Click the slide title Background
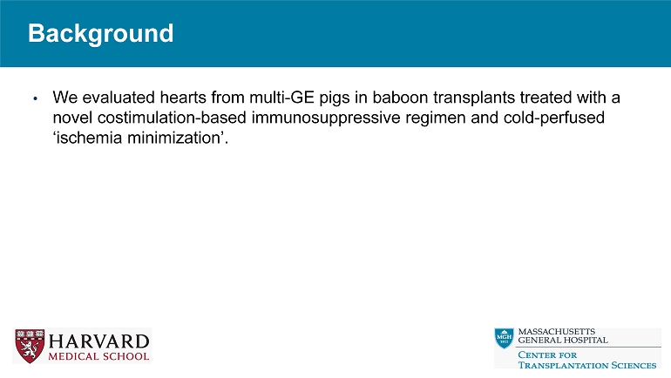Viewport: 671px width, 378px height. pos(100,34)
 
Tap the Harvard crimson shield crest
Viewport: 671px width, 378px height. pos(29,346)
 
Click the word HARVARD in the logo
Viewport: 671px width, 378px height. pos(98,341)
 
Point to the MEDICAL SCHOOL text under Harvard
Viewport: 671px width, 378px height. pos(98,355)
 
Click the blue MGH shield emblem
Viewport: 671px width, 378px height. pos(504,338)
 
